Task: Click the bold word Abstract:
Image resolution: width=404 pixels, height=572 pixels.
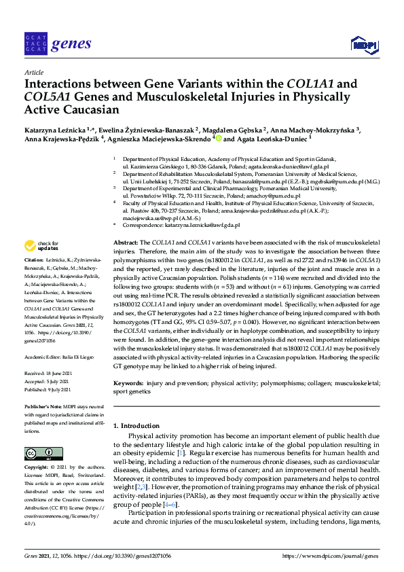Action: (x=125, y=243)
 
